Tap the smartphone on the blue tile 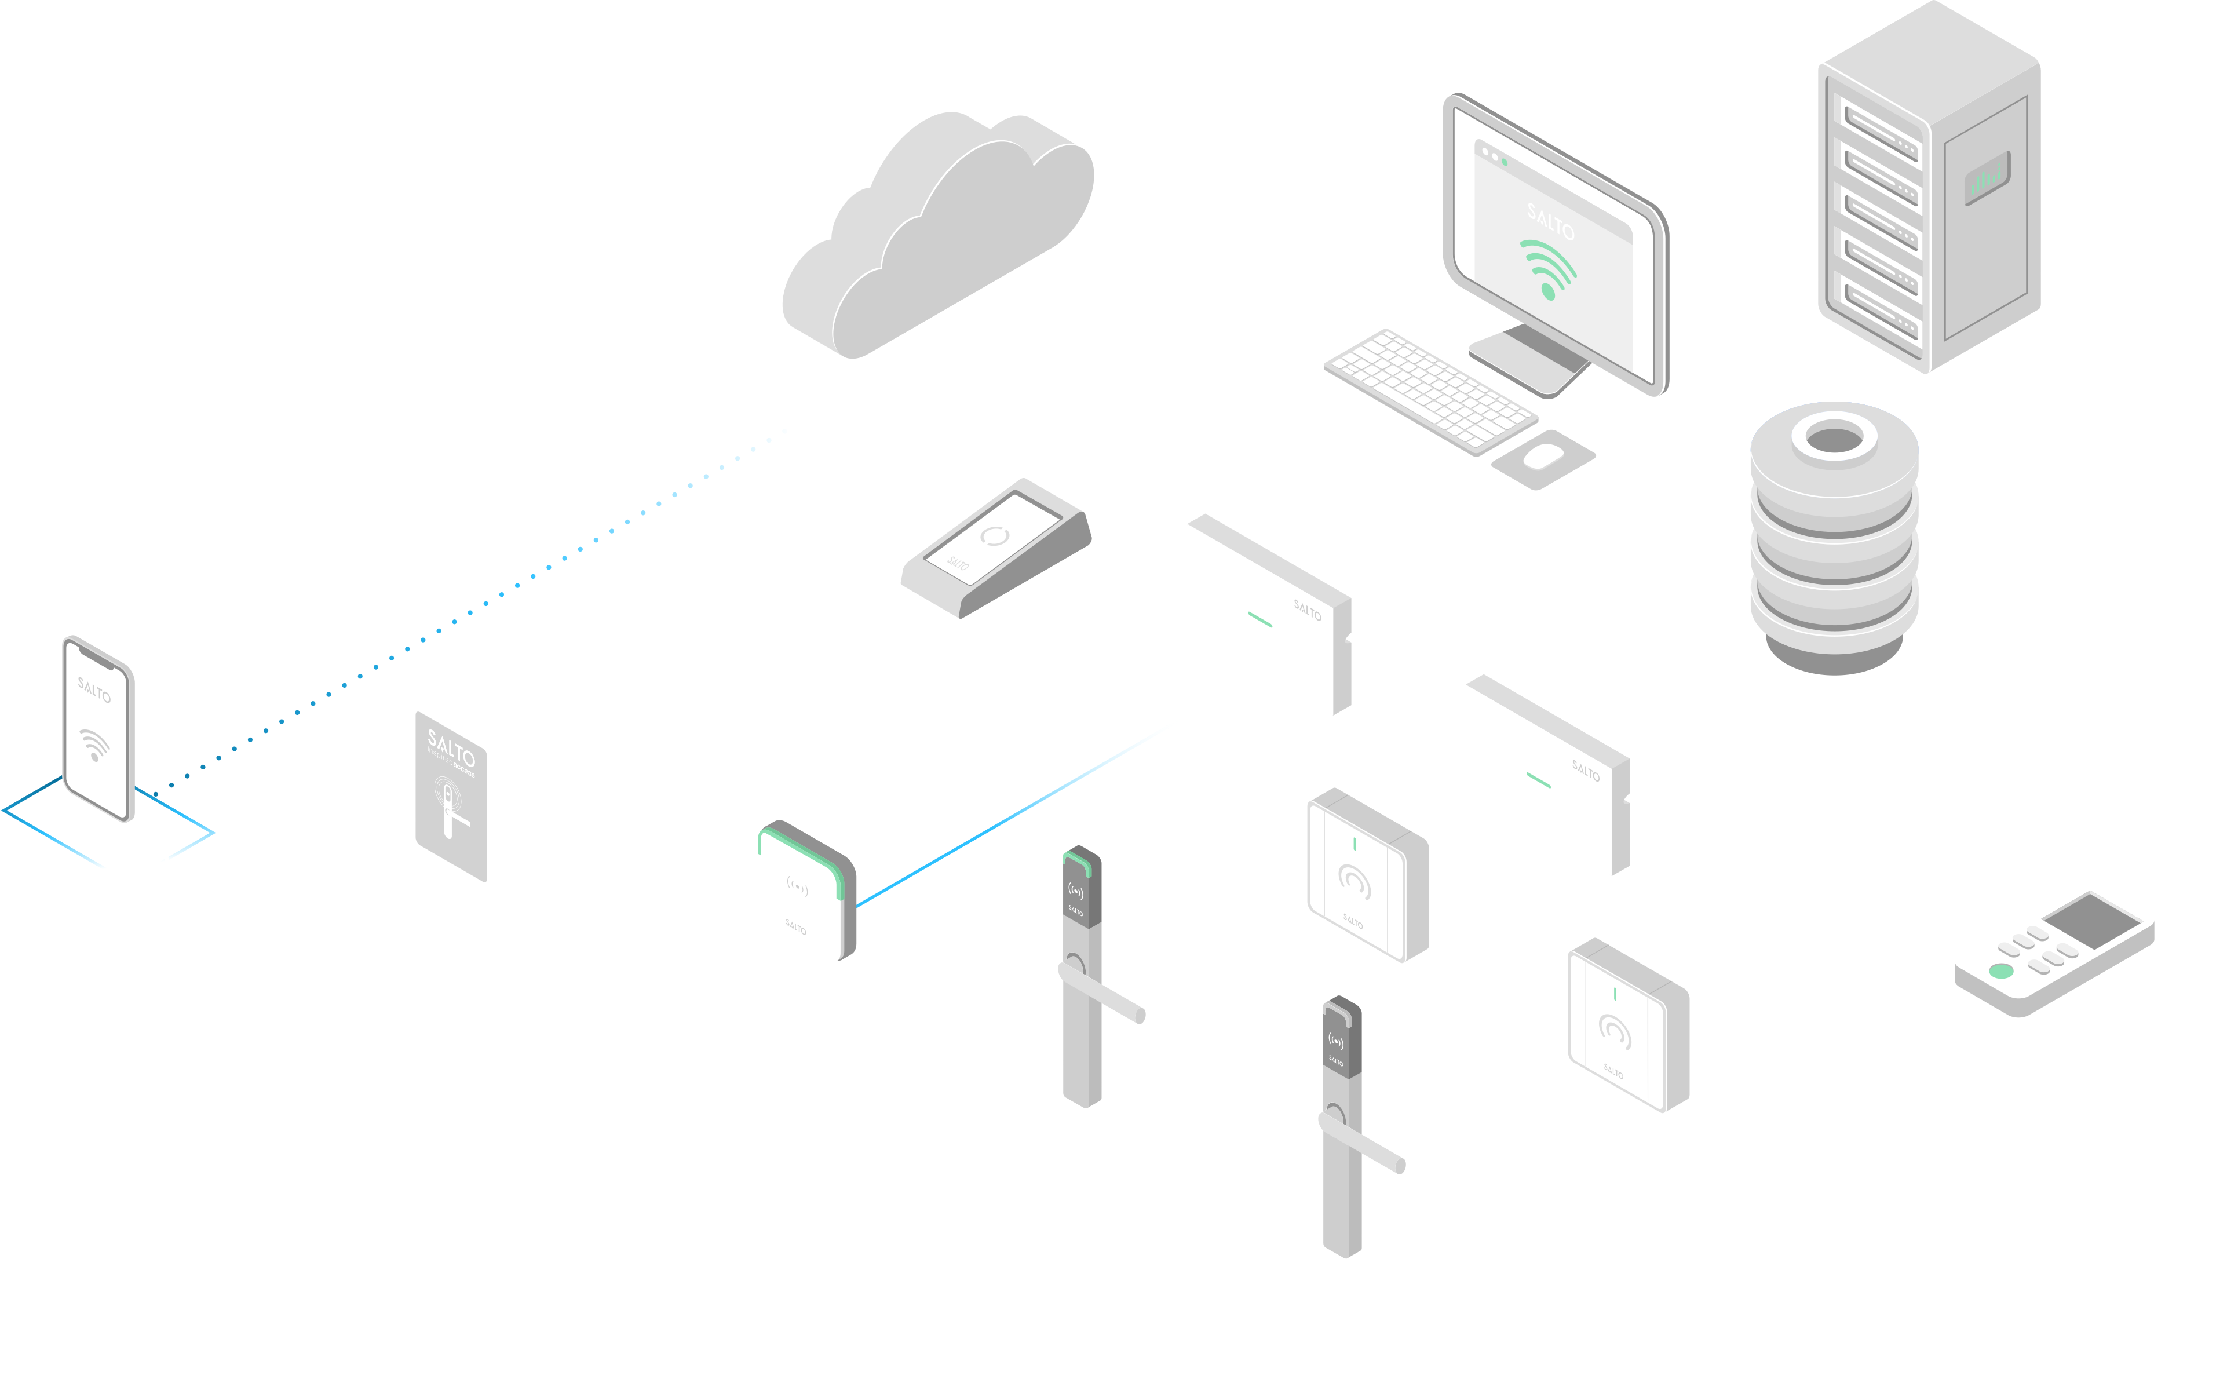tap(98, 728)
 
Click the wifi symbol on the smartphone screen tap(94, 745)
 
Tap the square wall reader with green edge tap(805, 891)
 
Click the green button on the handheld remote tap(2001, 971)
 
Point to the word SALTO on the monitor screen tap(1550, 222)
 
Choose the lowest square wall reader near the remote tap(1627, 1024)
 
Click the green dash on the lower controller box tap(1538, 780)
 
